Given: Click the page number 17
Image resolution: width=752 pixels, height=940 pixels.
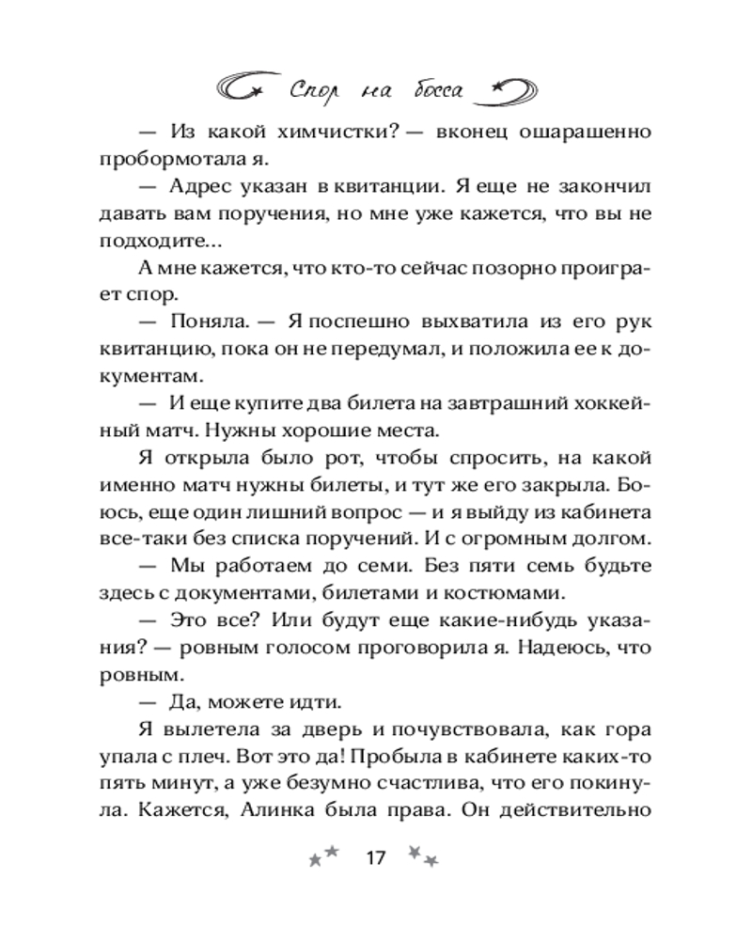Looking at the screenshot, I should [375, 858].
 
